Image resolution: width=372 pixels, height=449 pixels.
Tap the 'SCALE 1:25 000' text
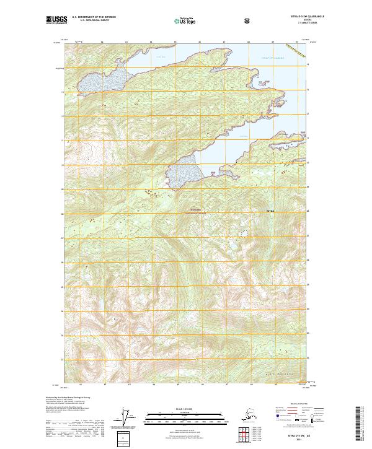tap(184, 409)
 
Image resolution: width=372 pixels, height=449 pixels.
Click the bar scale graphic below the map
tap(184, 416)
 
